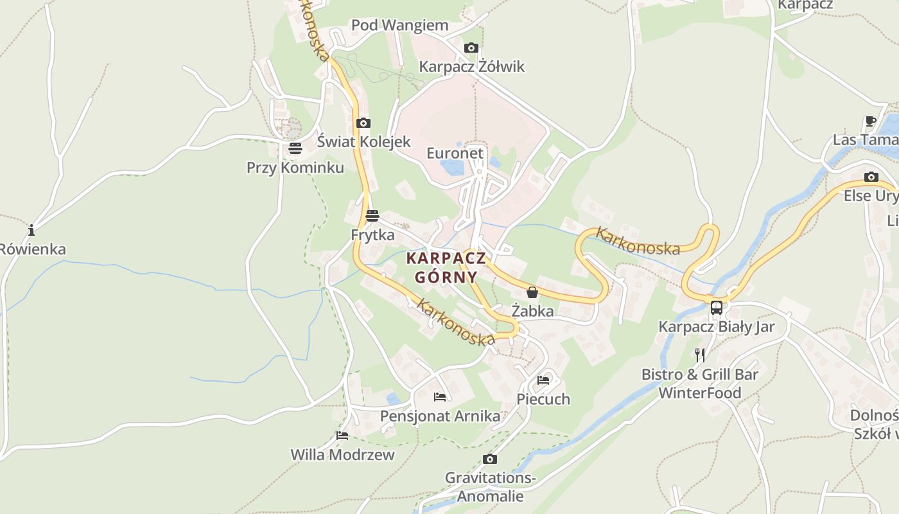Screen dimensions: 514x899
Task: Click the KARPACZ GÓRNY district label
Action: tap(446, 268)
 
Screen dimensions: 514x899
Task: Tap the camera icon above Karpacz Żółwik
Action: tap(471, 48)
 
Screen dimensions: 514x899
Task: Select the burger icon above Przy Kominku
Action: tap(295, 149)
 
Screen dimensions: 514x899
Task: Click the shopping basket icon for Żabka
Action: tap(532, 292)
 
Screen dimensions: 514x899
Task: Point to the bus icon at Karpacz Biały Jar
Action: tap(717, 308)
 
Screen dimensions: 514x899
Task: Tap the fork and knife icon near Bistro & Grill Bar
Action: tap(700, 355)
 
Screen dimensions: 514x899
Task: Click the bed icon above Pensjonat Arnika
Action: tap(440, 397)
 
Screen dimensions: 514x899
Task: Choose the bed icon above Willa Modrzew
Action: tap(342, 436)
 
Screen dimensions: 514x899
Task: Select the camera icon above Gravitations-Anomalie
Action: tap(490, 459)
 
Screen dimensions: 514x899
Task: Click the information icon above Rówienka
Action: tap(31, 230)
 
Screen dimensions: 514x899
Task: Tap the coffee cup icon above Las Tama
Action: tap(871, 121)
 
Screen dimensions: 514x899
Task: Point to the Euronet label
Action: tap(455, 154)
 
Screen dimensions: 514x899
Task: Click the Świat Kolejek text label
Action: tap(363, 141)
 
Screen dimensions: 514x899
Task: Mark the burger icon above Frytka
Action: tap(372, 216)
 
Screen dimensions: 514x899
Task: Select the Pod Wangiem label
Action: tap(399, 26)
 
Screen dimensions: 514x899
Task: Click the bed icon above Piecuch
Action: tap(543, 380)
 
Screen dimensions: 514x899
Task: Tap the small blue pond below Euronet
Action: tap(453, 168)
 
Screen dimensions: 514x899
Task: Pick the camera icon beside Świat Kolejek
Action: tap(363, 123)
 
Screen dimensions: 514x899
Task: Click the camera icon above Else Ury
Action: tap(871, 177)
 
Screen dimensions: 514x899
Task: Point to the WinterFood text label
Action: tap(700, 393)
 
